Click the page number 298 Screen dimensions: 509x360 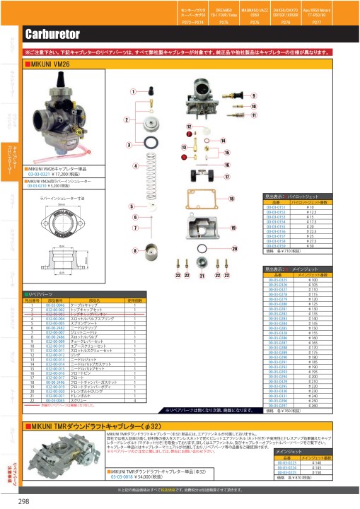[23, 501]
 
